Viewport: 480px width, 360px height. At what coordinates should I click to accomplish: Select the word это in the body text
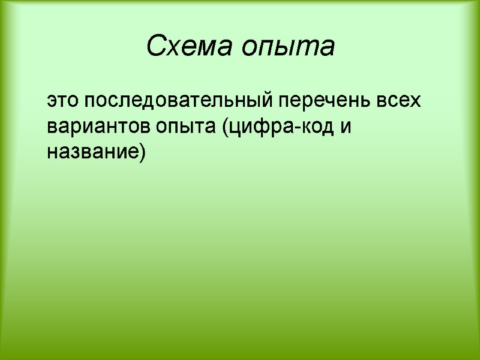tap(64, 100)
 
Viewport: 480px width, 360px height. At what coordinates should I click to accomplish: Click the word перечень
tap(321, 101)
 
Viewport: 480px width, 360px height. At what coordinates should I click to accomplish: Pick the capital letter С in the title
tap(155, 46)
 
